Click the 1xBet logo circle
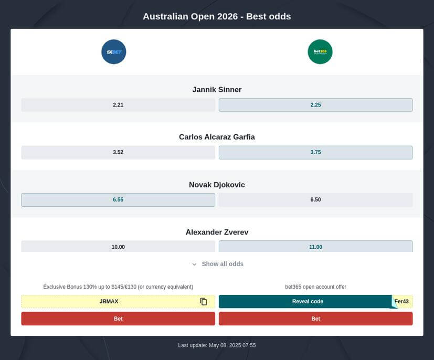114,52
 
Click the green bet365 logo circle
320,52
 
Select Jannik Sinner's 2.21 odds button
118,105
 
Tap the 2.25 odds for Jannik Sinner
315,105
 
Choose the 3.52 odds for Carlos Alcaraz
118,152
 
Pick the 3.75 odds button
315,152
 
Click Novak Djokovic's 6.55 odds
118,200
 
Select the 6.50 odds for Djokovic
315,200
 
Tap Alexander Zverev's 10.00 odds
118,247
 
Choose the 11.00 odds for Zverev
315,247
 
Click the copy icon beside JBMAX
204,302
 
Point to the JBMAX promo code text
109,302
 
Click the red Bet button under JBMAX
118,319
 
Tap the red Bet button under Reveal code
315,319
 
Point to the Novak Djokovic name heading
217,185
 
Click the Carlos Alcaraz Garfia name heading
217,137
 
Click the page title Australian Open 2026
217,16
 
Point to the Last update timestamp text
217,345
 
